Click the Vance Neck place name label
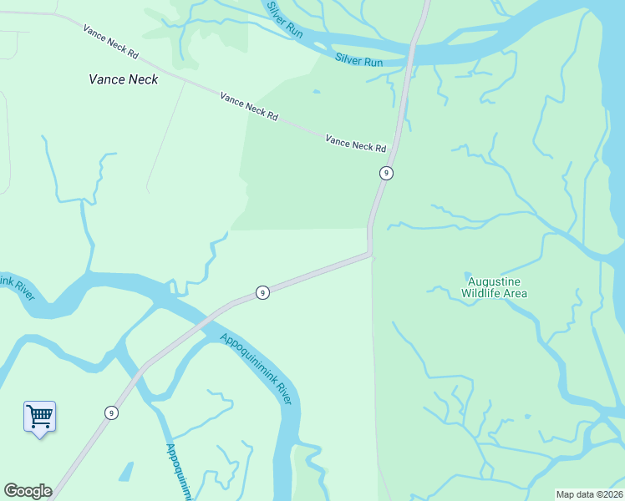[x=124, y=80]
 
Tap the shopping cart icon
[x=39, y=415]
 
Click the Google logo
[x=28, y=491]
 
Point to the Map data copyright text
[x=589, y=494]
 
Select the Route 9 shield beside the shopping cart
[x=111, y=412]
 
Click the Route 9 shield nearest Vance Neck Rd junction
[x=385, y=173]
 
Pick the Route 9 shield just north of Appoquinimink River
[x=262, y=292]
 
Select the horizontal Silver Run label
[x=358, y=60]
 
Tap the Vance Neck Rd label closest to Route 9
[x=356, y=144]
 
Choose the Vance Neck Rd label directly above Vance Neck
[x=110, y=41]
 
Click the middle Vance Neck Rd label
[x=248, y=106]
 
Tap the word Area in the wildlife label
[x=515, y=293]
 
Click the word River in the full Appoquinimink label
[x=282, y=394]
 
